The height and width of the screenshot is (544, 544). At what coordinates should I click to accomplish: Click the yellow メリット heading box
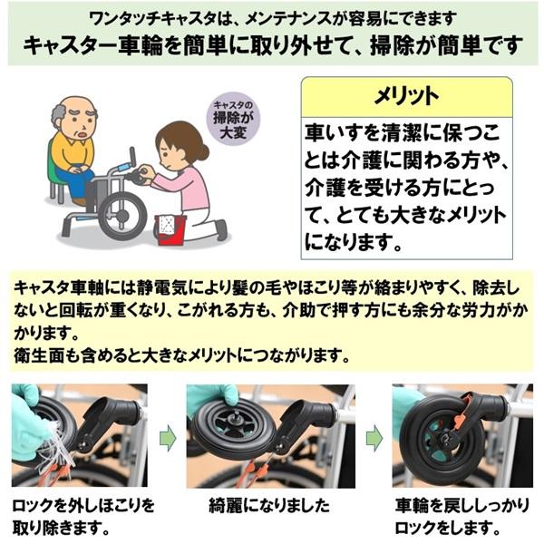click(x=405, y=96)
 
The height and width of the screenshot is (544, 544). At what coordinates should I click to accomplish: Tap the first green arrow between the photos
click(x=167, y=438)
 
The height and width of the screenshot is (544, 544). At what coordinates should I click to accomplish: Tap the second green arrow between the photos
click(x=373, y=438)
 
